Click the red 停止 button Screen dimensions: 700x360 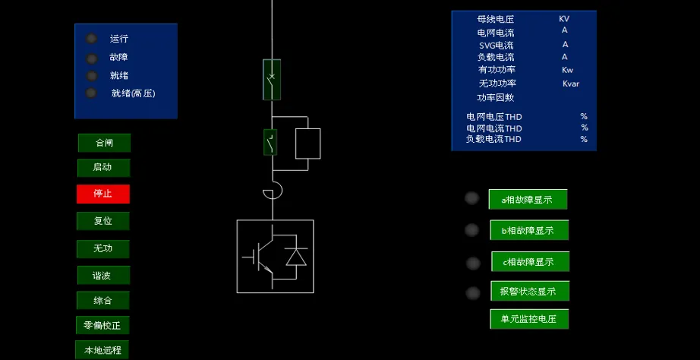103,194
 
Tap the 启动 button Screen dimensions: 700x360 103,168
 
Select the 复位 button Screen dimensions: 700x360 103,221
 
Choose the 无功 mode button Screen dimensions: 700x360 103,248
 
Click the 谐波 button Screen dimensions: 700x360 103,275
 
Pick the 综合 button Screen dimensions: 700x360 103,300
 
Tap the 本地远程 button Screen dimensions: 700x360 102,350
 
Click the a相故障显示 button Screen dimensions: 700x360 528,200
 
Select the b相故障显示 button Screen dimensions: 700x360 528,230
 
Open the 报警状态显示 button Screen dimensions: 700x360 528,291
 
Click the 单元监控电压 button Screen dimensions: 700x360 528,319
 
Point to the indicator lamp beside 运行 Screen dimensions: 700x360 92,39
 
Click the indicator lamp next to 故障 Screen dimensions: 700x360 92,58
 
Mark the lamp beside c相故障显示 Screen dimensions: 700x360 473,264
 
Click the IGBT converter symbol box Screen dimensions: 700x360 275,256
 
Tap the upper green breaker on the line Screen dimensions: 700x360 272,79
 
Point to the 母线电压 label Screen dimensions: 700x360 495,19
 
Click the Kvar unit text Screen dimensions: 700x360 570,84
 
